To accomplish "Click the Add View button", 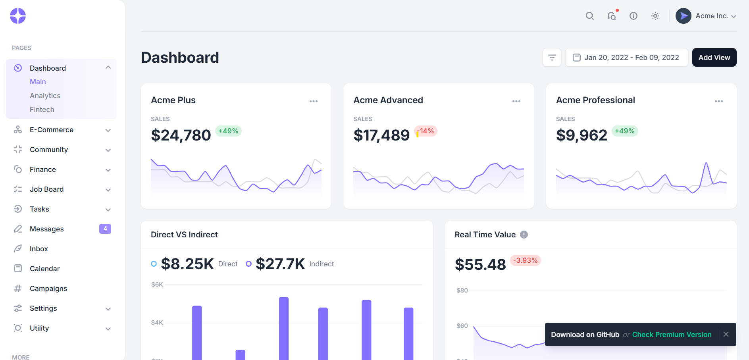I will (714, 58).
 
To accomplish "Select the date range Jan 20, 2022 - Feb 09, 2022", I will (626, 58).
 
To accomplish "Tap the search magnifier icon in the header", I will (589, 16).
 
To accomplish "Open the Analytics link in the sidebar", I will (45, 96).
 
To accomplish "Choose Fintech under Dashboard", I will (42, 110).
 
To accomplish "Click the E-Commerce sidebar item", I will (52, 130).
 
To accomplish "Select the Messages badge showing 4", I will (105, 229).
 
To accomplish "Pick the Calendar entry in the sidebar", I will (44, 269).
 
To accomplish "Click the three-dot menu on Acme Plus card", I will (314, 101).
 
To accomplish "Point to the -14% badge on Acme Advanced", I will (426, 131).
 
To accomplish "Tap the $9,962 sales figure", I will (581, 135).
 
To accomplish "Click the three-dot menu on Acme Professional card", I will (718, 101).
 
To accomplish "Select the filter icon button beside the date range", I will (552, 58).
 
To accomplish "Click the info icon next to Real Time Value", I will (524, 235).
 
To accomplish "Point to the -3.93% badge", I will (526, 260).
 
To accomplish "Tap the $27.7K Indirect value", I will (280, 264).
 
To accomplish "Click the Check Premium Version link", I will (672, 335).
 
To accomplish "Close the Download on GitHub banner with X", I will (726, 334).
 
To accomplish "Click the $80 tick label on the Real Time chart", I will (462, 291).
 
